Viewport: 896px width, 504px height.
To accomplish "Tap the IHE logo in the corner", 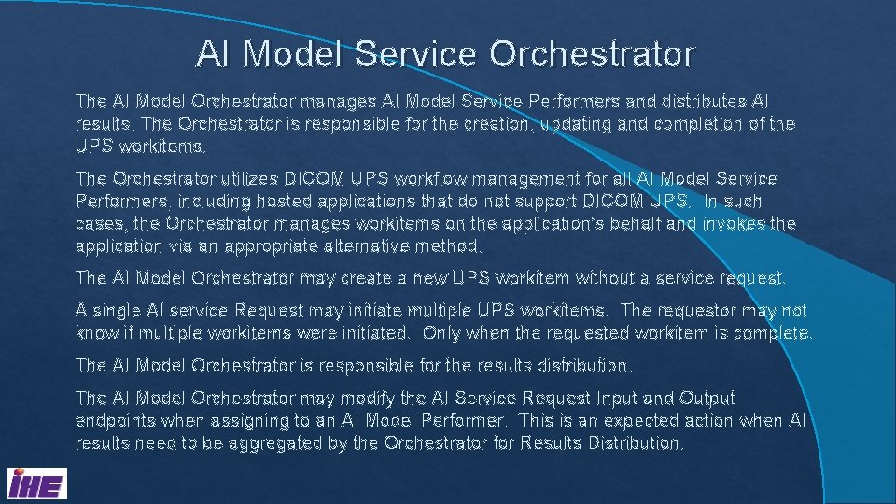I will point(36,484).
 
